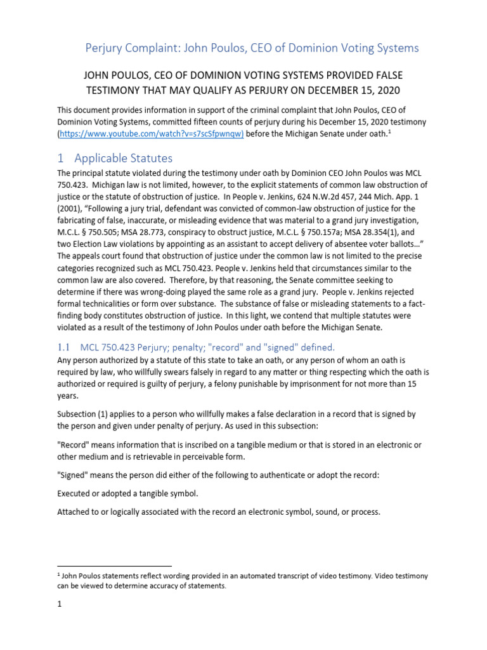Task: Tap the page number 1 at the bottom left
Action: coord(59,605)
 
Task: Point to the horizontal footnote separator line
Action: coord(114,565)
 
